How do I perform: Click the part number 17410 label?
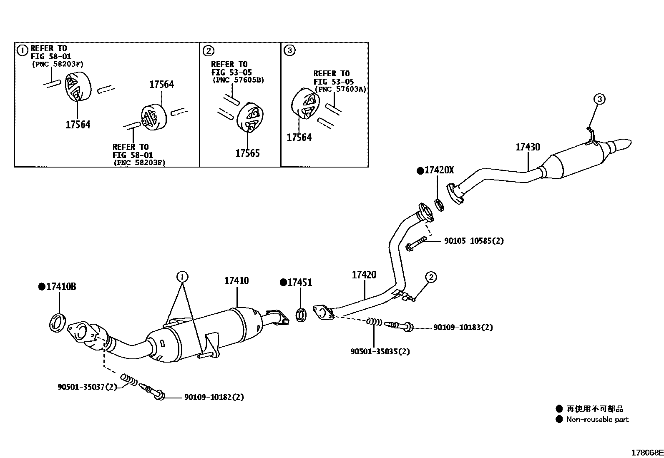click(x=236, y=280)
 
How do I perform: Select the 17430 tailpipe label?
click(x=528, y=147)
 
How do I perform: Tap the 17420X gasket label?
click(x=439, y=170)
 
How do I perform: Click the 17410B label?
click(x=61, y=287)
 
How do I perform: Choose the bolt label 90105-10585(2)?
click(x=473, y=241)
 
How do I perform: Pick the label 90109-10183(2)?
click(x=463, y=328)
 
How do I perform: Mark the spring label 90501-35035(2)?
click(x=380, y=351)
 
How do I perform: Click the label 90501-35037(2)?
click(x=87, y=387)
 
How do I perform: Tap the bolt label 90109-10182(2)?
click(x=214, y=397)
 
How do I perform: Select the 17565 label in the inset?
click(x=247, y=153)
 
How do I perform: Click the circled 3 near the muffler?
click(x=599, y=99)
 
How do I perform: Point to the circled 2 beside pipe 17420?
click(x=431, y=277)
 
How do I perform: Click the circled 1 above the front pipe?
click(x=182, y=276)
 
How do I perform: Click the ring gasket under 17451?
click(x=301, y=315)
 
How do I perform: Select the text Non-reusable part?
click(x=597, y=420)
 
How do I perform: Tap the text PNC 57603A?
click(x=340, y=89)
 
